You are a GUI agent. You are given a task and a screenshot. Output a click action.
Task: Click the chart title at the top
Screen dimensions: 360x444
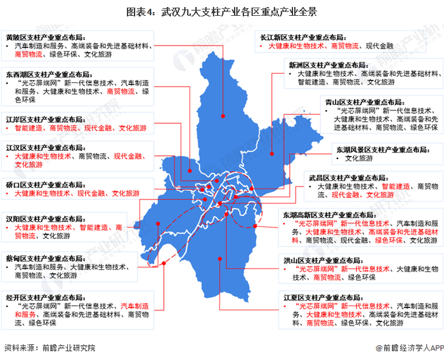221,11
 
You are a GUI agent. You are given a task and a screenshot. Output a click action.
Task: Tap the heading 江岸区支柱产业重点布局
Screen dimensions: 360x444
45,119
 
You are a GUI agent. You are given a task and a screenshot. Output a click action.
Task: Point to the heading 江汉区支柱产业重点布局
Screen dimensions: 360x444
45,147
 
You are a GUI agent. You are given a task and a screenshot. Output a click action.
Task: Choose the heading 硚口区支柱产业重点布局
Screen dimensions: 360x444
45,184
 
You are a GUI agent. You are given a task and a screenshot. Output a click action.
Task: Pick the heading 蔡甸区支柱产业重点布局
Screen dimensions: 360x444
45,259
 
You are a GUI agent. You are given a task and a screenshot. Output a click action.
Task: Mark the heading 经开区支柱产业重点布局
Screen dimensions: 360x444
45,297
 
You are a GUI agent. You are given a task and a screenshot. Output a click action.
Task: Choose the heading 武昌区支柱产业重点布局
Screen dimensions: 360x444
348,179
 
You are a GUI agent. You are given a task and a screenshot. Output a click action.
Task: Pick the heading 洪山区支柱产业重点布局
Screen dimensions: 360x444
322,260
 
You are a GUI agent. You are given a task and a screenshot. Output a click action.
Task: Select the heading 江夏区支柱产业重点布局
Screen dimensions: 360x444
323,296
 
